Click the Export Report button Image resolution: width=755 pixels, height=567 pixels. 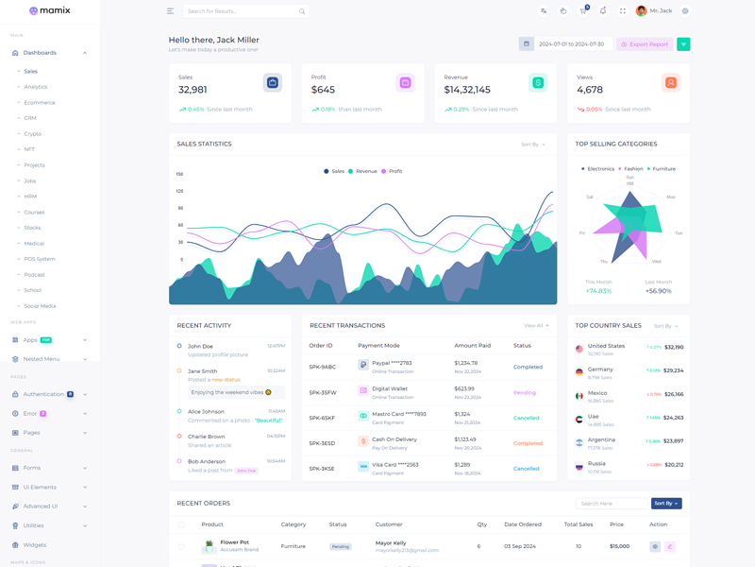point(645,44)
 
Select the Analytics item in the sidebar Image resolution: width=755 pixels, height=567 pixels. point(36,87)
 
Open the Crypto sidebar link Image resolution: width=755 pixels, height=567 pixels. point(33,134)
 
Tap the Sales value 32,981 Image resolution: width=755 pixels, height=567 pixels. point(193,90)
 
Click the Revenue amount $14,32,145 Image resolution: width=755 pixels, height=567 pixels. point(467,90)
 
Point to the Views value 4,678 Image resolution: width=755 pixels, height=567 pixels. point(589,90)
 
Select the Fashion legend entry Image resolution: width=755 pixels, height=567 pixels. point(632,169)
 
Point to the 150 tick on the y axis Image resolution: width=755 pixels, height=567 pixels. point(179,175)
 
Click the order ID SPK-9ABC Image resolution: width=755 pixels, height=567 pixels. point(323,367)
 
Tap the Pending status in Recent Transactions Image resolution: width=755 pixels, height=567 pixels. point(524,392)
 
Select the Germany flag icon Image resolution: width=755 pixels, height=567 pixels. point(579,373)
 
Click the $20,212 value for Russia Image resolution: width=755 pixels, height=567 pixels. point(674,465)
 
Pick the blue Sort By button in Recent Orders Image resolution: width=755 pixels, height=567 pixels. point(666,504)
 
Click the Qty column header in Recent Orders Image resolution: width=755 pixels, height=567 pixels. point(482,524)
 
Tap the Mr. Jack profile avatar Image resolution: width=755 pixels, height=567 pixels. point(642,11)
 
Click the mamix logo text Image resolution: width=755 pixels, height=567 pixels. point(55,11)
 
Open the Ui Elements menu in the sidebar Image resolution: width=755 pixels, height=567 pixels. point(40,488)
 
